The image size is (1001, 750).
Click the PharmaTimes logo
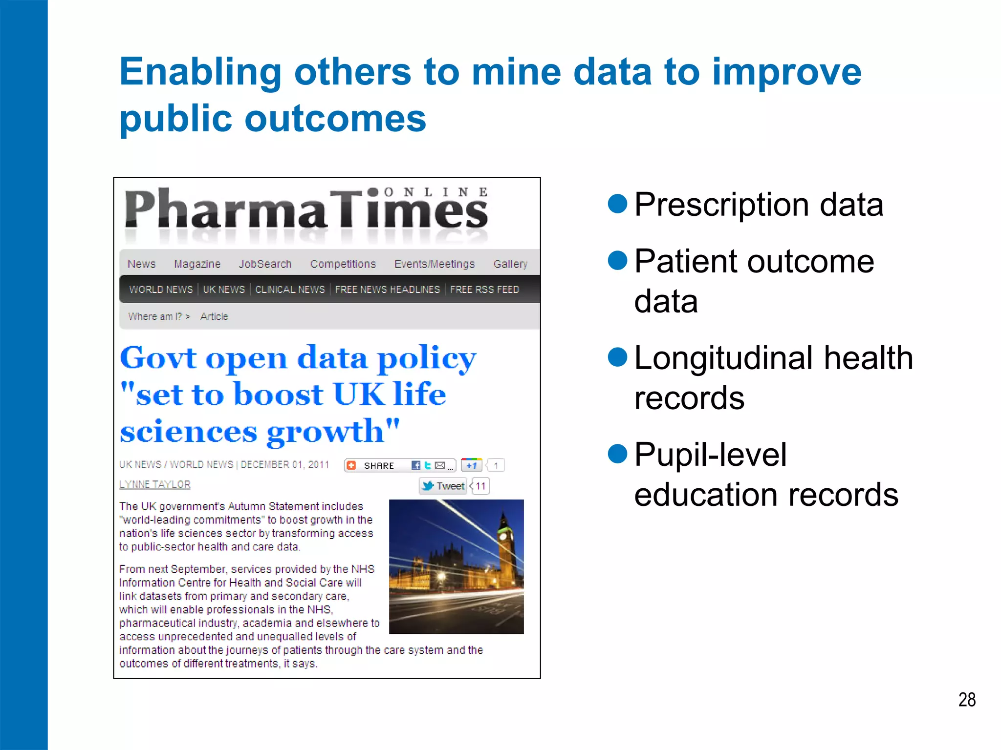click(306, 210)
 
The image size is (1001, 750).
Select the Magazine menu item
click(197, 264)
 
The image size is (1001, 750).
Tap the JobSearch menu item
click(265, 264)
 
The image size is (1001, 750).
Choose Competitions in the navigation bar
click(343, 264)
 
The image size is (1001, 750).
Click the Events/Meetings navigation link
click(434, 264)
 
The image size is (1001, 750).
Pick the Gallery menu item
click(510, 264)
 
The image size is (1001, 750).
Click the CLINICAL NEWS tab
click(290, 290)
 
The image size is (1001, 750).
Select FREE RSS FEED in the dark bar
click(484, 290)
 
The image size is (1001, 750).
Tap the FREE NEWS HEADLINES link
click(387, 290)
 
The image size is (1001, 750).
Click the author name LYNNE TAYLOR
click(155, 484)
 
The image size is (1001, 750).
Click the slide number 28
click(966, 700)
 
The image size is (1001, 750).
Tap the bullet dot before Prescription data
click(617, 204)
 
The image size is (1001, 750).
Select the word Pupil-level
click(710, 455)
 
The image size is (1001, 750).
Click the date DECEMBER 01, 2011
click(285, 465)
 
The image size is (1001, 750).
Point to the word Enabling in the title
click(200, 72)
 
